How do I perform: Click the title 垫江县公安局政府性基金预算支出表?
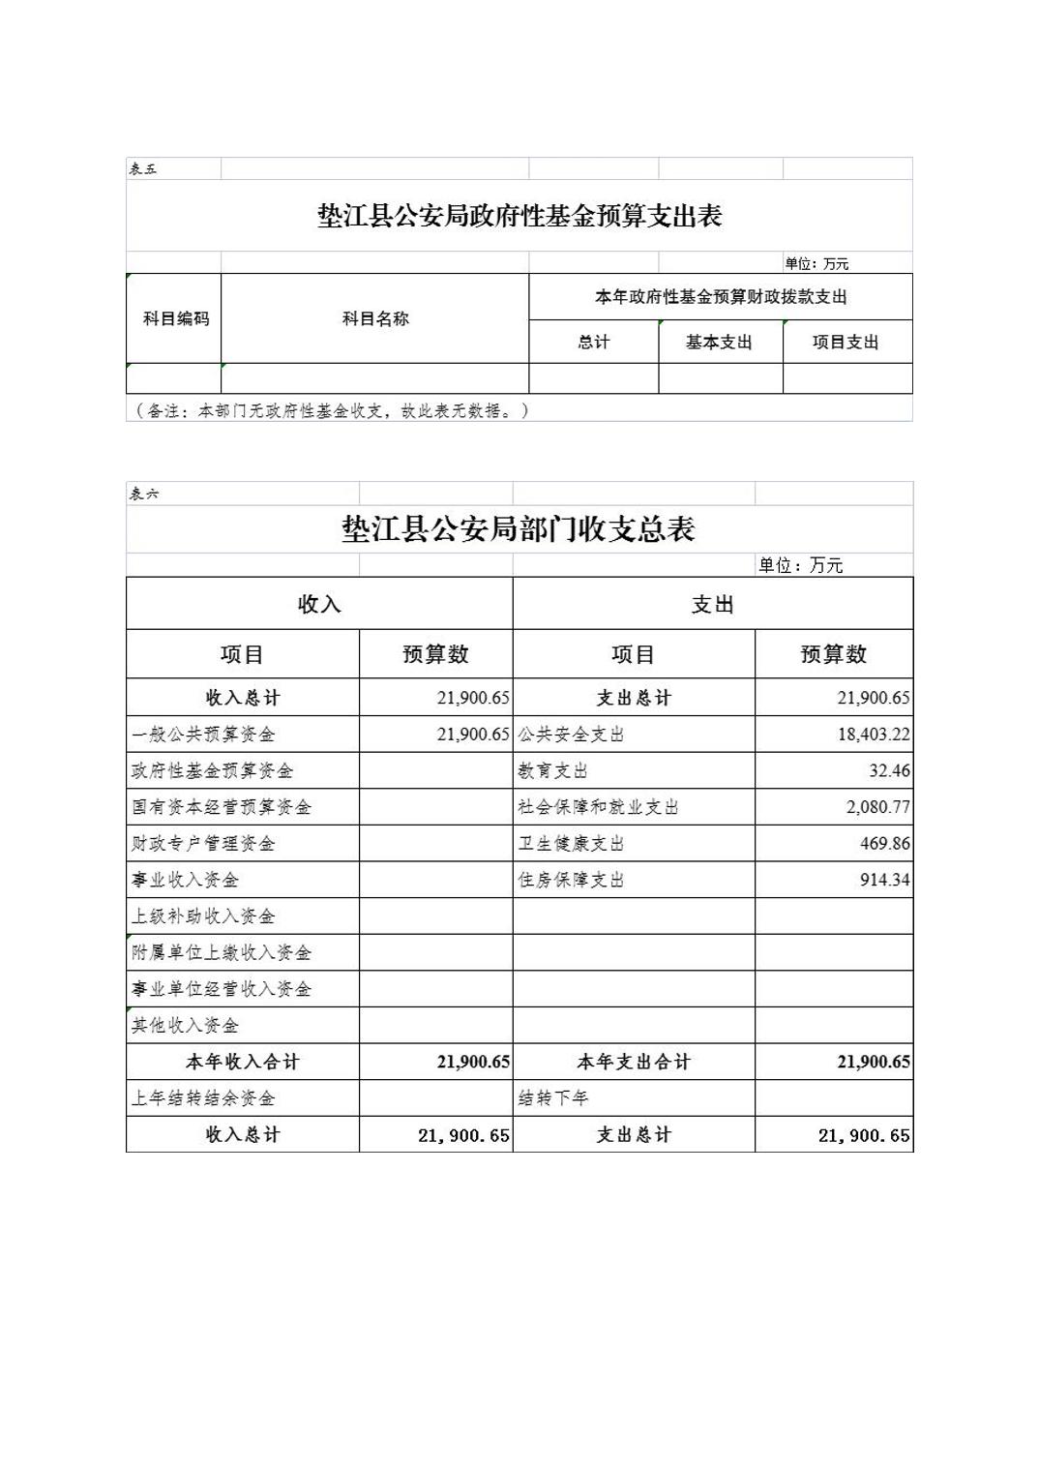[x=519, y=216]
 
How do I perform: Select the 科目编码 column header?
[x=175, y=318]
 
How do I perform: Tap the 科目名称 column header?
[x=375, y=318]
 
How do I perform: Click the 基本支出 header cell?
[x=719, y=342]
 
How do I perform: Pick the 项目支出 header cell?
[x=846, y=342]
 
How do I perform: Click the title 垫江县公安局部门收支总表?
[x=519, y=529]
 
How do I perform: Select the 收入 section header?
[x=319, y=605]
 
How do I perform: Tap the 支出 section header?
[x=712, y=605]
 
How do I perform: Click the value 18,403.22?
[x=873, y=735]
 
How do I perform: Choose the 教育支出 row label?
[x=553, y=771]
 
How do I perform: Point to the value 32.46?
[x=889, y=771]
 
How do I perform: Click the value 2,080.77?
[x=877, y=807]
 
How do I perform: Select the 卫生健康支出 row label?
[x=572, y=844]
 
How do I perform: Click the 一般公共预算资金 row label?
[x=203, y=735]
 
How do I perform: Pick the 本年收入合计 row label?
[x=242, y=1062]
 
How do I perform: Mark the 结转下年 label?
[x=553, y=1098]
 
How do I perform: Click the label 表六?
[x=144, y=494]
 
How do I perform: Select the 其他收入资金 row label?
[x=185, y=1025]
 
